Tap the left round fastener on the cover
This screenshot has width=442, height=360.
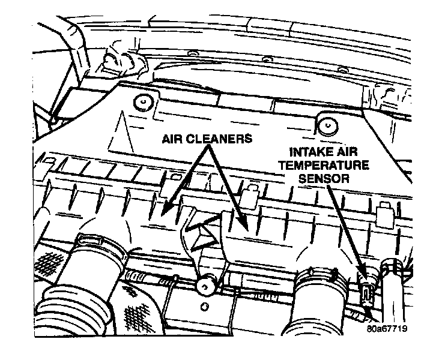coord(142,102)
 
